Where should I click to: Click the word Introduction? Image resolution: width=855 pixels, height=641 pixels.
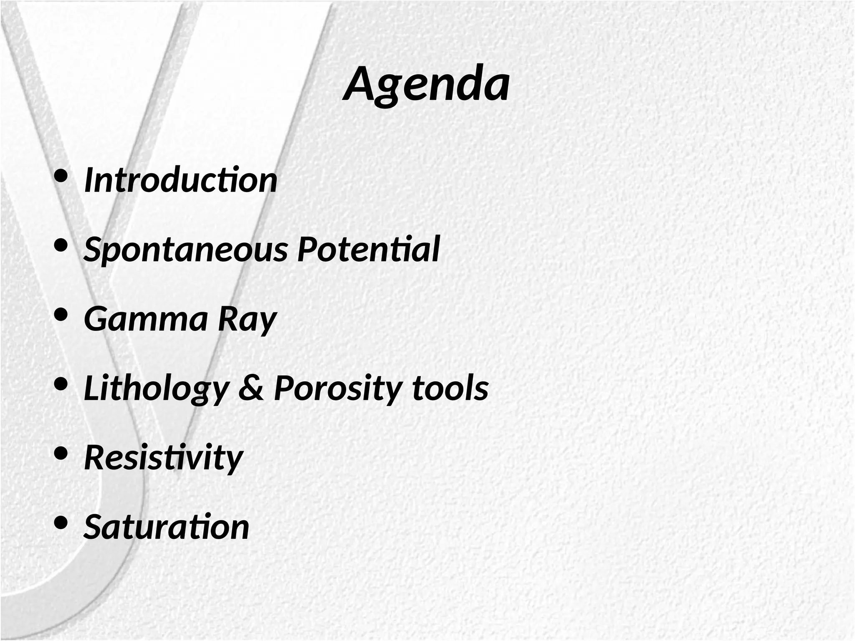coord(181,180)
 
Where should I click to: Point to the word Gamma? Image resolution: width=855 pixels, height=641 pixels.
coord(146,319)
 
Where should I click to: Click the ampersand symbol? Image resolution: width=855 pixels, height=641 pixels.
coord(251,388)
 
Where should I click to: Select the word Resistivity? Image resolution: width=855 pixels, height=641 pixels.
coord(163,457)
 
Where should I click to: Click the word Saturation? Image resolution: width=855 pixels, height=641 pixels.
coord(167,527)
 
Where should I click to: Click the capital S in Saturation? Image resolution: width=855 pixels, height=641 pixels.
coord(94,527)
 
